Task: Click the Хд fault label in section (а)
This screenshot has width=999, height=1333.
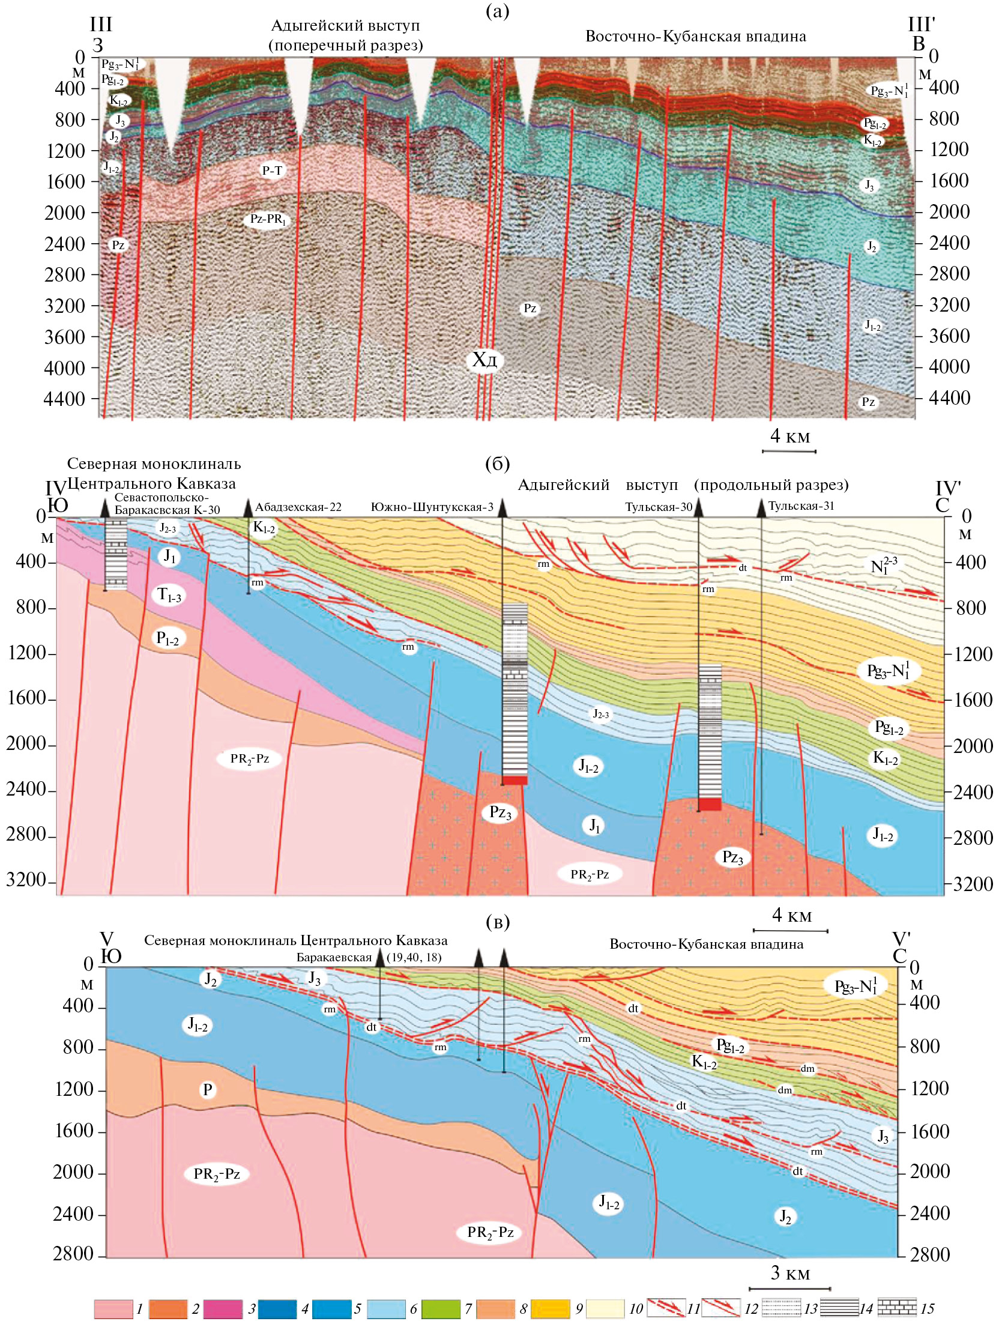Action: (484, 360)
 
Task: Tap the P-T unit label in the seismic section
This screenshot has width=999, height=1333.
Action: (272, 171)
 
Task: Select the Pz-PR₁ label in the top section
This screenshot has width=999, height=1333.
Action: (268, 219)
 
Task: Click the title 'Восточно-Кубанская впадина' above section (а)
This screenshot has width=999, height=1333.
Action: (695, 37)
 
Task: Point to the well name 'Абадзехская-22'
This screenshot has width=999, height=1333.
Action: (298, 507)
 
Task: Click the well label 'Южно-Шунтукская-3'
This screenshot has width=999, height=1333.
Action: (432, 507)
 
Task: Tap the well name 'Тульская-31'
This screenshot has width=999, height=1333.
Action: (801, 506)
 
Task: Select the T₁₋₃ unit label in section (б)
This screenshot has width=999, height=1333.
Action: (169, 596)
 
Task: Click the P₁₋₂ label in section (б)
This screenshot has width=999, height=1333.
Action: (168, 638)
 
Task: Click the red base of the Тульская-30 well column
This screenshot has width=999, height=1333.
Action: (710, 805)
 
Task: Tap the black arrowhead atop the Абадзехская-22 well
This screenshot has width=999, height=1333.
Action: (247, 507)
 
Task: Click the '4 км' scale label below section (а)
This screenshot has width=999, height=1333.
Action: (790, 437)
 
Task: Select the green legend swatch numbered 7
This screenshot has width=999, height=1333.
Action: (441, 1309)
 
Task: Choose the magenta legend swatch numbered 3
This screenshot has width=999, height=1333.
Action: (223, 1309)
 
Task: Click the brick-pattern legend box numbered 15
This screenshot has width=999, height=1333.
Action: (896, 1308)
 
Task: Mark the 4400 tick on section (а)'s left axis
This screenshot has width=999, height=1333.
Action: (64, 399)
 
